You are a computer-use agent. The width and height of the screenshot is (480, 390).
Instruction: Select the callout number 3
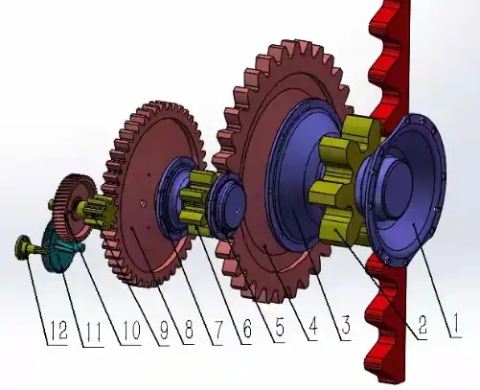[x=346, y=325]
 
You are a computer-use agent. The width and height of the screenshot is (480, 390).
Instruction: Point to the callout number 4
[x=312, y=327]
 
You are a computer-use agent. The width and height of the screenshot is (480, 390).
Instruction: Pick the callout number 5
[x=280, y=327]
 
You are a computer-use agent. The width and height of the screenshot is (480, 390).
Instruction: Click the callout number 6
[x=247, y=329]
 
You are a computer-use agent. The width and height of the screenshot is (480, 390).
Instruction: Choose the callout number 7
[x=217, y=330]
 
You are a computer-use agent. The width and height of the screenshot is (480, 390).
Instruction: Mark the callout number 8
[x=189, y=330]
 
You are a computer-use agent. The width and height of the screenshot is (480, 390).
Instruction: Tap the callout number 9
[x=164, y=331]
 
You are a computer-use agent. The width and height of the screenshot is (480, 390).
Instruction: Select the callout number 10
[x=131, y=331]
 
